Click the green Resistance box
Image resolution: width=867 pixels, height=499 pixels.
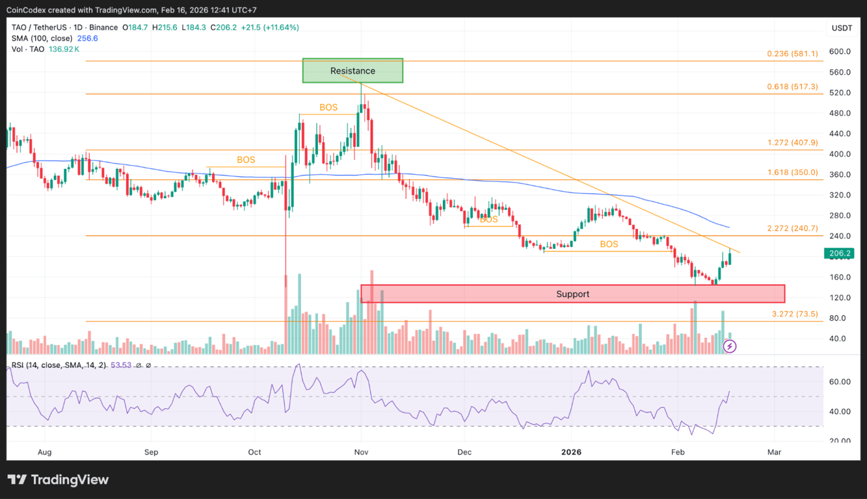(353, 71)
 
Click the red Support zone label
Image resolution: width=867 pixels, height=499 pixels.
(572, 294)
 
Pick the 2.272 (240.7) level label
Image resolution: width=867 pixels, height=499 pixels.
(793, 228)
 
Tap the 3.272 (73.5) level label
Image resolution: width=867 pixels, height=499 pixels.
(795, 314)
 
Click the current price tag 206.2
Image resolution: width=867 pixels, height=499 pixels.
(838, 253)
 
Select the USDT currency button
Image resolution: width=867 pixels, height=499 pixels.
(842, 28)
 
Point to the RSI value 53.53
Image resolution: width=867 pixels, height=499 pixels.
(118, 365)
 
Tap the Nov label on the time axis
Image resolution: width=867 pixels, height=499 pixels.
(361, 452)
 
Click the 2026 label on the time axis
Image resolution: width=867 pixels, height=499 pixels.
(571, 452)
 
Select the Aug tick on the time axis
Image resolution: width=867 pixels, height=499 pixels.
(45, 452)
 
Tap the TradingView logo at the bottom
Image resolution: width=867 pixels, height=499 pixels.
(59, 480)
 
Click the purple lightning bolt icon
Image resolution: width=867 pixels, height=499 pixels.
(730, 346)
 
